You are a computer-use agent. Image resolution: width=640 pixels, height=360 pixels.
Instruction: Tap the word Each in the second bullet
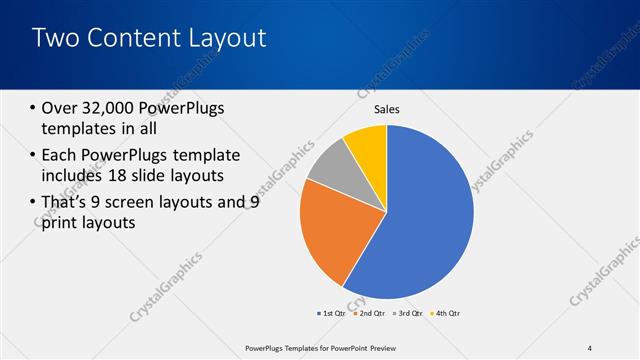pos(61,155)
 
